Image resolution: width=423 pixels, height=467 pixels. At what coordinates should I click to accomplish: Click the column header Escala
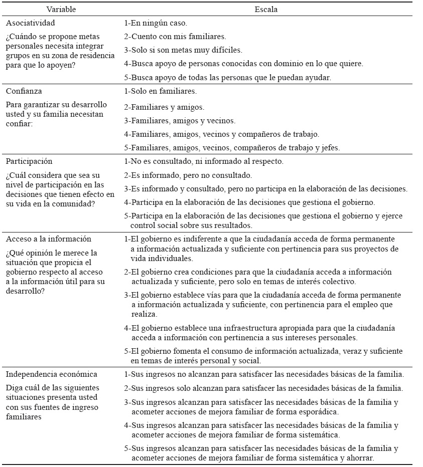tap(267, 10)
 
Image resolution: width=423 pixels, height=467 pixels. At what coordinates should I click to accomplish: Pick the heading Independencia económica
tap(51, 374)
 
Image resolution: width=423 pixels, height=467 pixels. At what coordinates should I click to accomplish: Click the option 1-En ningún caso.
tap(156, 23)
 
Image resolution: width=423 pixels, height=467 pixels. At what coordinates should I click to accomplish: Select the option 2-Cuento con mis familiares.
tap(175, 37)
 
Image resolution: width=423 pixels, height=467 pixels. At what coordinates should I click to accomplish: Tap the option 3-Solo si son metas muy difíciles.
tap(183, 50)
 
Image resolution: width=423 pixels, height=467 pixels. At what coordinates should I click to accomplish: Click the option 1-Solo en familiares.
tap(160, 91)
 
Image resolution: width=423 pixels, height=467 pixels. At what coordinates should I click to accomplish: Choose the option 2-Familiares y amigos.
tap(164, 107)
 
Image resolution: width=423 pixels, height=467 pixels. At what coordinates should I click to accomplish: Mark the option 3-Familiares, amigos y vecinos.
tap(180, 121)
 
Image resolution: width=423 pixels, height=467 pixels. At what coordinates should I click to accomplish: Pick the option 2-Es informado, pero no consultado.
tap(188, 175)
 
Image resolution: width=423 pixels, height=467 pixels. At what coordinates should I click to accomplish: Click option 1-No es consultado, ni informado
tap(204, 161)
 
